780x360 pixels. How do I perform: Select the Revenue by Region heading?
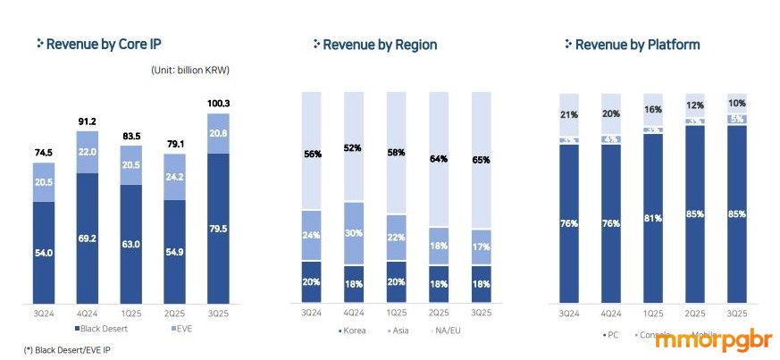pos(380,44)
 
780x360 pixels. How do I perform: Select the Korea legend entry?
pos(354,331)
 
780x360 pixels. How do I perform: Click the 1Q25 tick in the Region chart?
pos(396,313)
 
